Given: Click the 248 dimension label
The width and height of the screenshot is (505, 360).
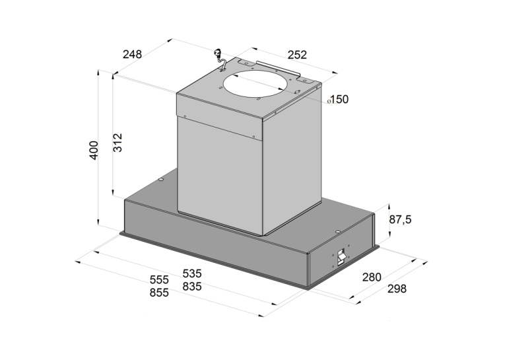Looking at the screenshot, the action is (132, 54).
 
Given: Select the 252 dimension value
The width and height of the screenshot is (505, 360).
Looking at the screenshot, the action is (297, 55).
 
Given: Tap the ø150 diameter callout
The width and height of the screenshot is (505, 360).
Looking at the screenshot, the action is (338, 100).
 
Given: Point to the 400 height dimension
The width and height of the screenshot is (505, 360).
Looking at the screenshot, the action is (94, 150).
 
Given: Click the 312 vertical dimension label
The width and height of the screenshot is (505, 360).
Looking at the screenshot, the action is (118, 143).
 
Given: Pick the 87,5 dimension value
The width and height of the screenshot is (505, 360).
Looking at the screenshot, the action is (400, 220).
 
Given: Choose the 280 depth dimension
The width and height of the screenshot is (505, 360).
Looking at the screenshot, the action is (372, 277).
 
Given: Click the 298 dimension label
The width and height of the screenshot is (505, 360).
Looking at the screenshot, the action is (397, 289).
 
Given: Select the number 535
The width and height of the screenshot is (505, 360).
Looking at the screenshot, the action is (192, 273).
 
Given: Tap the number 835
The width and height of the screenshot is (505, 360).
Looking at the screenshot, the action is (192, 286).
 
